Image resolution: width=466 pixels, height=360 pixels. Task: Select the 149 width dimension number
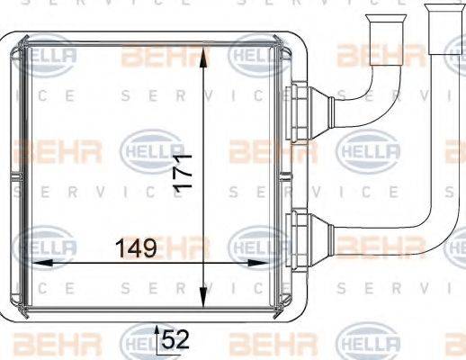[x=135, y=247]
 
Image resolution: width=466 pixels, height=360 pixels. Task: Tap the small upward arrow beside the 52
[x=159, y=333]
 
